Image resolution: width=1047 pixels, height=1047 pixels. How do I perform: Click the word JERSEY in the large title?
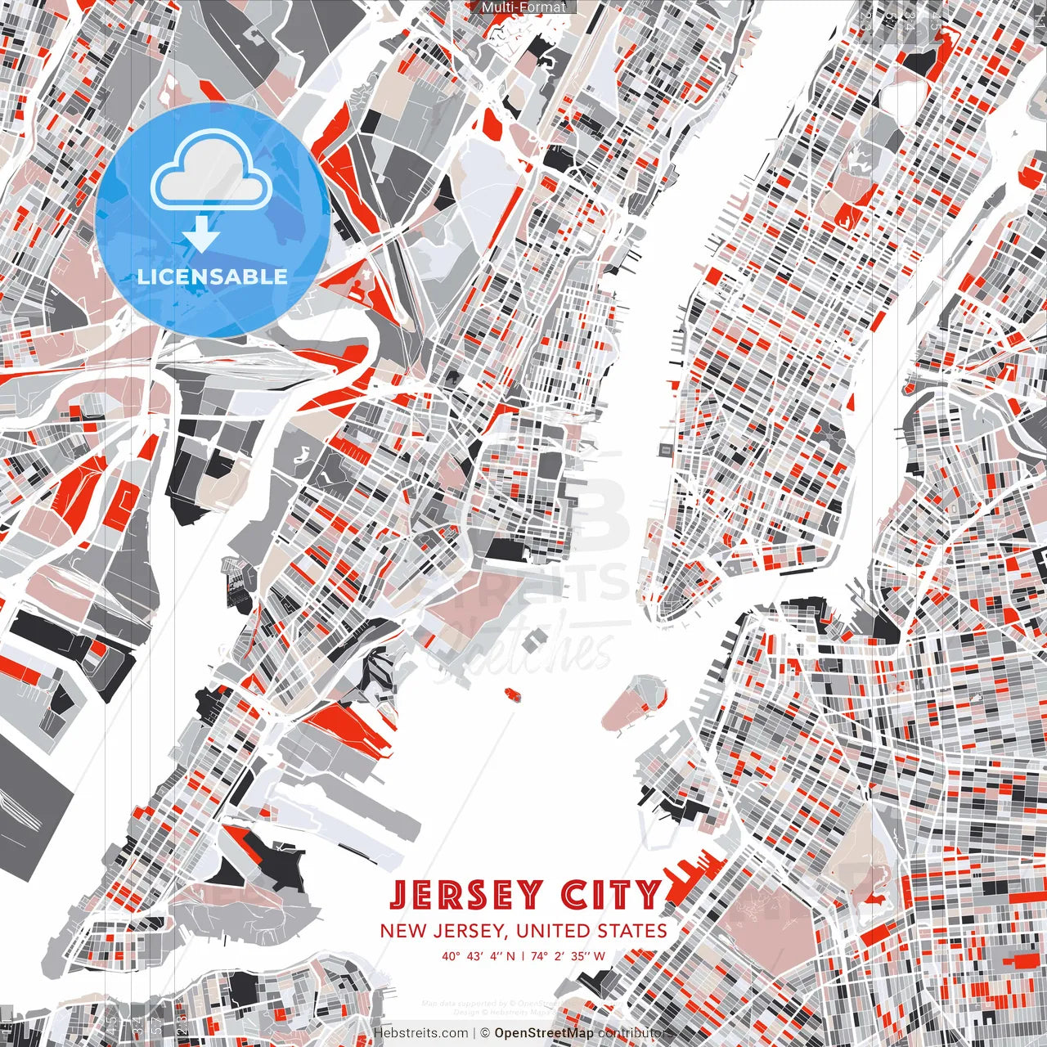pyautogui.click(x=465, y=895)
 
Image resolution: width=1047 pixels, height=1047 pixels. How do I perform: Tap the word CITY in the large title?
pyautogui.click(x=610, y=895)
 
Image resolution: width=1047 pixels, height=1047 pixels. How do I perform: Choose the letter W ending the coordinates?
pyautogui.click(x=600, y=955)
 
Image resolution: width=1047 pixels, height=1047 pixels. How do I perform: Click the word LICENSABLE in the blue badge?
pyautogui.click(x=213, y=276)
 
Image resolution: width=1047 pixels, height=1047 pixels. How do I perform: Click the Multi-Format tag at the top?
pyautogui.click(x=523, y=7)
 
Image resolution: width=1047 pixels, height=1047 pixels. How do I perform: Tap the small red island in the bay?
pyautogui.click(x=513, y=694)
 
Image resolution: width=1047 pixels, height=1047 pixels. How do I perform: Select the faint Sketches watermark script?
pyautogui.click(x=523, y=650)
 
